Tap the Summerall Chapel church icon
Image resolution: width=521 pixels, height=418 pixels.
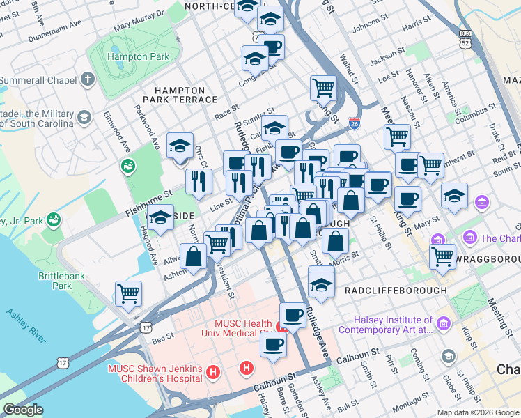click(87, 79)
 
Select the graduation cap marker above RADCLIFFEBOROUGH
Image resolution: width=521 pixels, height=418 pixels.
click(321, 284)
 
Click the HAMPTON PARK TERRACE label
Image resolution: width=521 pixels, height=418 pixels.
click(180, 95)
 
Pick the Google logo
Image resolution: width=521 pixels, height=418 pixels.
click(23, 409)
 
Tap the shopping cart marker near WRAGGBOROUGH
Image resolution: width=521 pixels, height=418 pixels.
click(442, 256)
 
